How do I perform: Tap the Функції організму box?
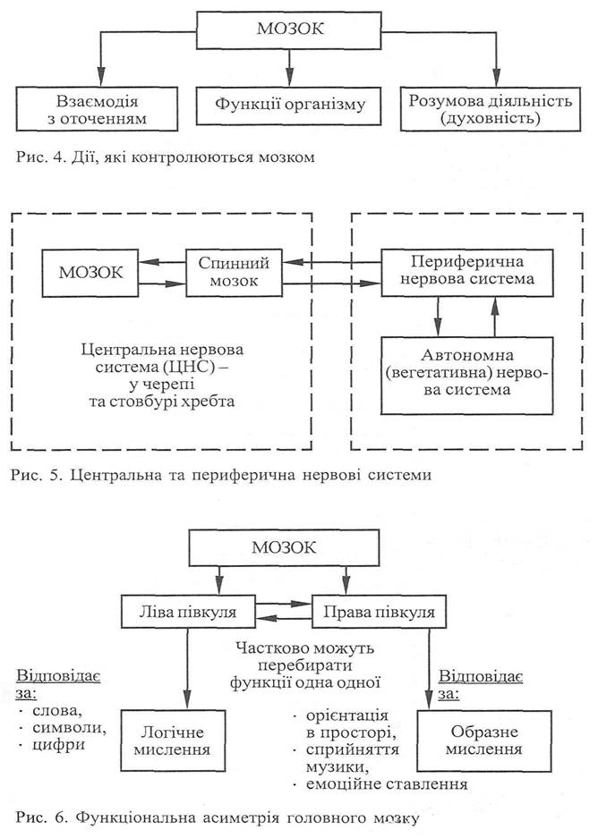point(292,106)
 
